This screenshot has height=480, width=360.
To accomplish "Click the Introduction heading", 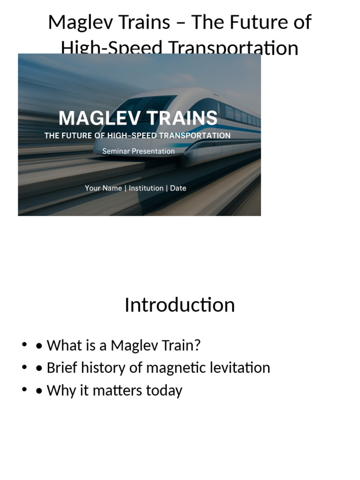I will click(x=180, y=305).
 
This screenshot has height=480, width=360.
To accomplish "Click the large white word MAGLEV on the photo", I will click(x=99, y=118).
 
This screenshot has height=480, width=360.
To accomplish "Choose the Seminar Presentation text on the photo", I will click(x=138, y=151).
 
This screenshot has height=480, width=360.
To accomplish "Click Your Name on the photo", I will click(x=103, y=188).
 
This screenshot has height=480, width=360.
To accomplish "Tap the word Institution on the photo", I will click(x=146, y=188).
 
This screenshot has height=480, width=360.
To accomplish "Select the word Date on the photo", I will click(x=178, y=188).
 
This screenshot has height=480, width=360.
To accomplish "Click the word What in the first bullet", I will click(x=63, y=345).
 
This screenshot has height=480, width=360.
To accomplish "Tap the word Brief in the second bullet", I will click(x=62, y=367).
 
